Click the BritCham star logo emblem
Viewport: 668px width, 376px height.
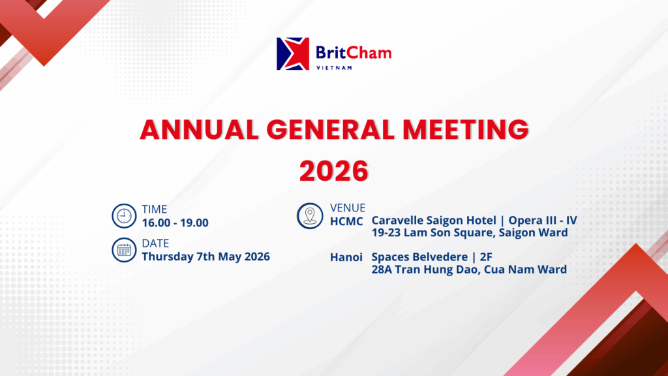pyautogui.click(x=293, y=54)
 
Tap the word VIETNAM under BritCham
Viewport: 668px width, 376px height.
pyautogui.click(x=335, y=67)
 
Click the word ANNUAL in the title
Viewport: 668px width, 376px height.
pyautogui.click(x=200, y=130)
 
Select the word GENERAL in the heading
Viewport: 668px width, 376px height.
pyautogui.click(x=331, y=130)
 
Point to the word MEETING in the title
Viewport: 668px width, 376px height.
pyautogui.click(x=466, y=130)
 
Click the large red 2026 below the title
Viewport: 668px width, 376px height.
pyautogui.click(x=333, y=171)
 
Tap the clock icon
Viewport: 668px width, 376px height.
pyautogui.click(x=124, y=215)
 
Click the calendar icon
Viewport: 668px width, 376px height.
pyautogui.click(x=124, y=250)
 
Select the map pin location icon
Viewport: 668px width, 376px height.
pyautogui.click(x=310, y=215)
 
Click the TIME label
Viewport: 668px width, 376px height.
pyautogui.click(x=154, y=210)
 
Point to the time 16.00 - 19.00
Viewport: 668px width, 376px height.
pyautogui.click(x=175, y=223)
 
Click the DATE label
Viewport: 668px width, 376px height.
pyautogui.click(x=155, y=243)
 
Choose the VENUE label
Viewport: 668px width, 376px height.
pyautogui.click(x=348, y=208)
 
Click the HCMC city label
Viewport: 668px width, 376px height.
pyautogui.click(x=346, y=222)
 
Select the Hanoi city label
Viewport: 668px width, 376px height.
pyautogui.click(x=346, y=257)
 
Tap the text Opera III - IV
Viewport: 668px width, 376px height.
pyautogui.click(x=543, y=221)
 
